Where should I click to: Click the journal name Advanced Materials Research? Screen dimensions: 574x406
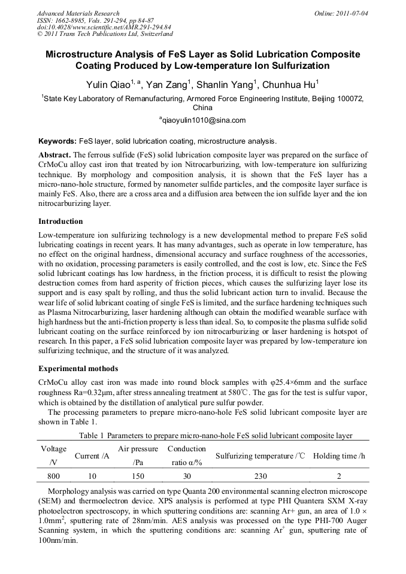(78, 13)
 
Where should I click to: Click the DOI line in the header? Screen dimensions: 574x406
(104, 27)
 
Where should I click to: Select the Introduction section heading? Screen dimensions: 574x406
(60, 221)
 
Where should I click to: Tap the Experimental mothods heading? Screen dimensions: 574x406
(78, 368)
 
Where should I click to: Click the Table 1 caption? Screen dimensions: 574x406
(211, 435)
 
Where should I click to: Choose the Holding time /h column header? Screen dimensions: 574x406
(339, 456)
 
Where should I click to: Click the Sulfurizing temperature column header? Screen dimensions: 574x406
(260, 456)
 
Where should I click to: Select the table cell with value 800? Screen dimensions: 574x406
(53, 476)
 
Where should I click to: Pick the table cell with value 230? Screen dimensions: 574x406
(260, 476)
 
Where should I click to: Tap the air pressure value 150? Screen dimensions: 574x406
(138, 476)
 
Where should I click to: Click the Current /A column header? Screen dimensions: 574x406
(92, 456)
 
